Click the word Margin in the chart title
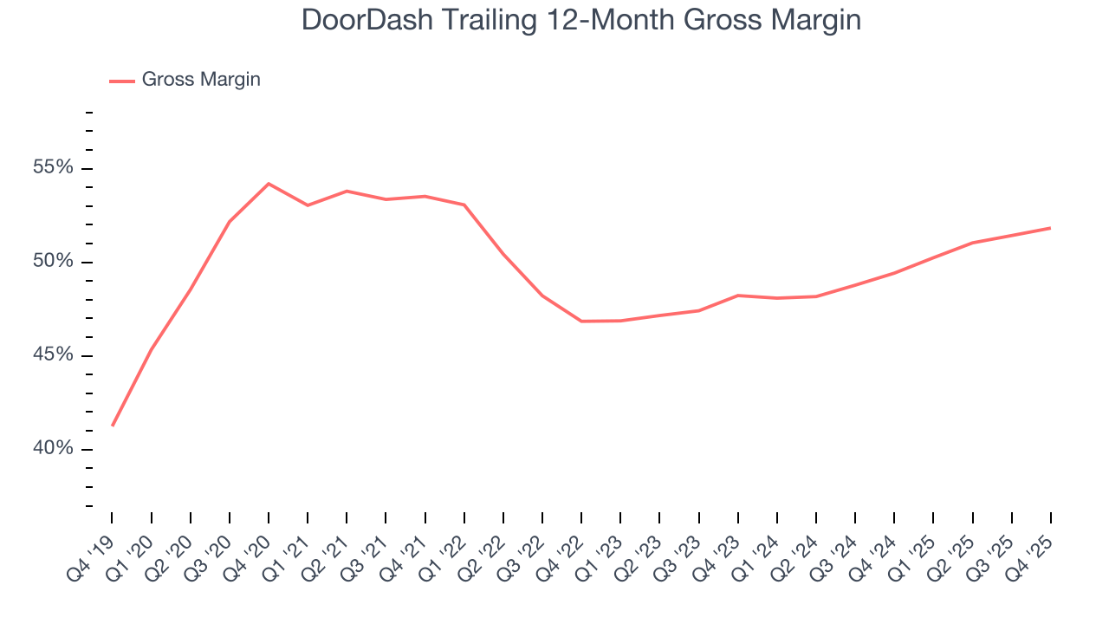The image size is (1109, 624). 814,21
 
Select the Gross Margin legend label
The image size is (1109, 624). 201,80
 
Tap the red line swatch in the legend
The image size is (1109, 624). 122,81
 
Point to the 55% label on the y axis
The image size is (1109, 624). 53,168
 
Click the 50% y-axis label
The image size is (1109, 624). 53,262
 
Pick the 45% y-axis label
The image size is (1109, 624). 53,355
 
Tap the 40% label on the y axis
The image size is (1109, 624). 53,449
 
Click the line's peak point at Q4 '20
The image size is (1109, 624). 269,184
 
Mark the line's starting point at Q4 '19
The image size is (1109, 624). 113,426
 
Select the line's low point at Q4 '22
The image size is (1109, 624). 581,322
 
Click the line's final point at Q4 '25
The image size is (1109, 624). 1051,228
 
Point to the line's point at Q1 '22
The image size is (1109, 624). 464,205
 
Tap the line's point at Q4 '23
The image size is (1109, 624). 738,296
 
